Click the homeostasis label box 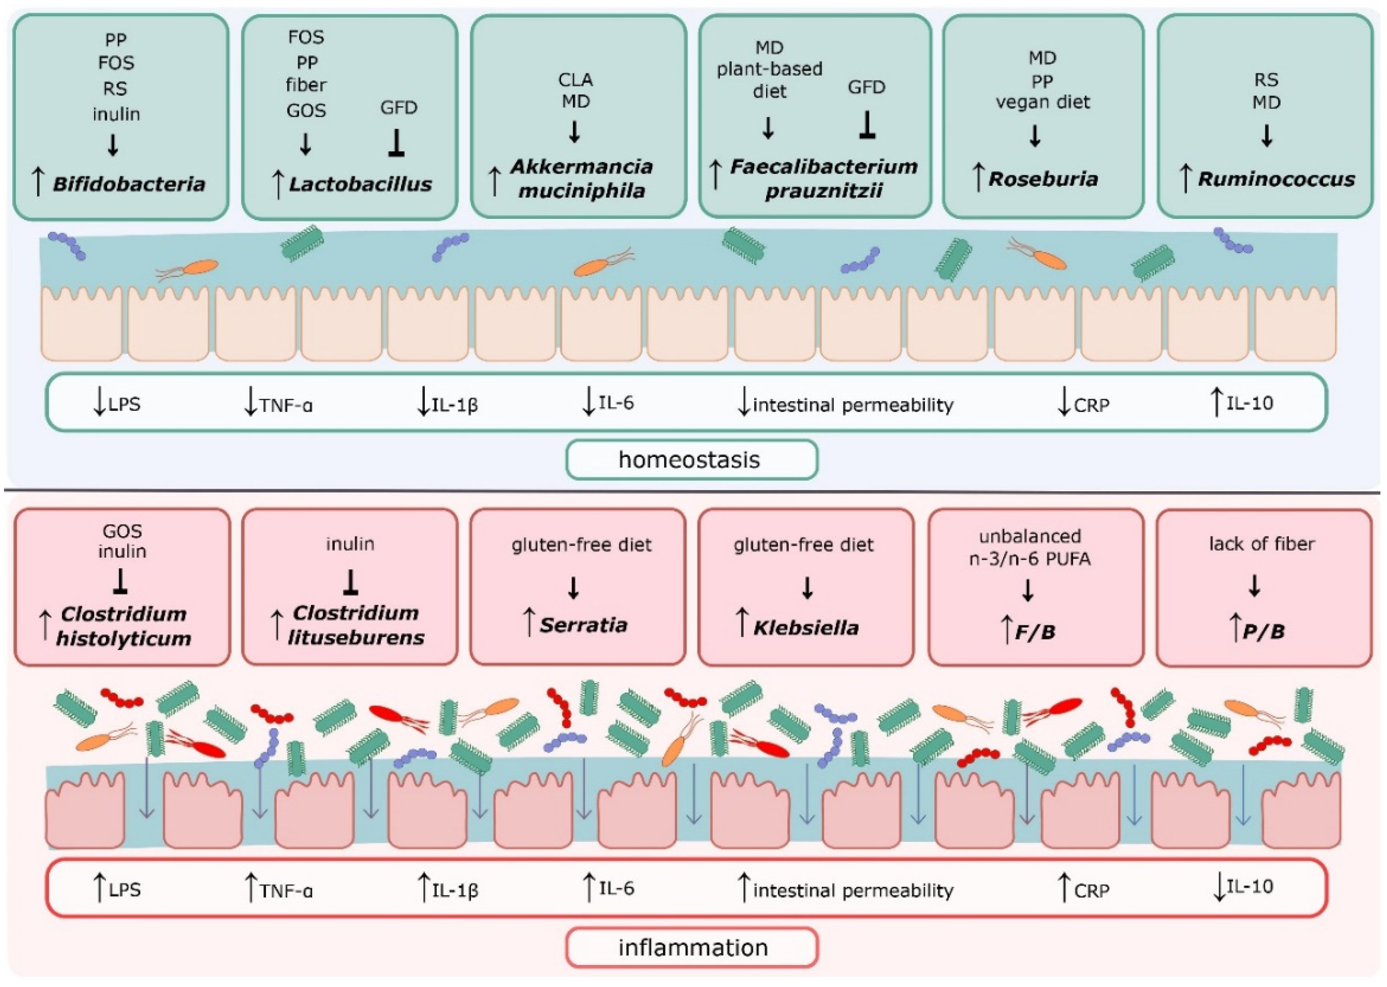tap(691, 460)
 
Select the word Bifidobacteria tap(128, 184)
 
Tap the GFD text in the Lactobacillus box tap(398, 108)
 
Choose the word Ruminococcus tap(1276, 179)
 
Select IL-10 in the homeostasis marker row tap(1249, 403)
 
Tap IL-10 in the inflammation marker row tap(1249, 887)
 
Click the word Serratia tap(583, 625)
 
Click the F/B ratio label tap(1035, 632)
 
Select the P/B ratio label tap(1263, 631)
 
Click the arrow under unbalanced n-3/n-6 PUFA tap(1028, 590)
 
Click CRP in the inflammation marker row tap(1091, 891)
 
